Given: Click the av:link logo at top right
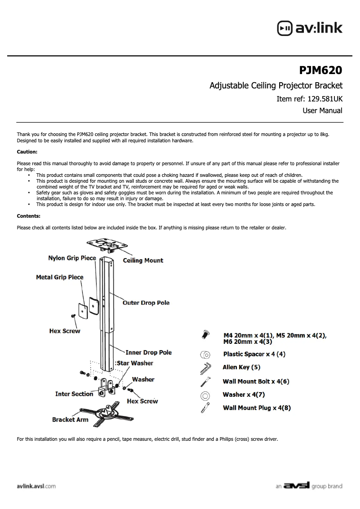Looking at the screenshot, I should tap(310, 28).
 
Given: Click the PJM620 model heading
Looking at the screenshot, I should tap(320, 70).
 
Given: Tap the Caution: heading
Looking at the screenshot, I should tap(27, 152).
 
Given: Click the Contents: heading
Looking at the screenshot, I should tap(28, 216).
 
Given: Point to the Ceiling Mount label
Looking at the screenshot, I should tap(143, 260).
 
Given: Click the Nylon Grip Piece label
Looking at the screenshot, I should tap(72, 258).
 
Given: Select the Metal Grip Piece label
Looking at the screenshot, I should tap(60, 277).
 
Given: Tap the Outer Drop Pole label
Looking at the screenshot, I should tap(146, 303).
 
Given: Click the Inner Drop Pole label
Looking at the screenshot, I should tap(148, 353).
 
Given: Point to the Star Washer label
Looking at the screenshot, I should tap(135, 363).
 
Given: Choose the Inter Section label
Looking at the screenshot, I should tap(74, 394).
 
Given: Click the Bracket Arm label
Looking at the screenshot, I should tap(70, 420).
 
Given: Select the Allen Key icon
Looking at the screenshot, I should tap(205, 368).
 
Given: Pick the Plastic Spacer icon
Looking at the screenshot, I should tap(205, 354).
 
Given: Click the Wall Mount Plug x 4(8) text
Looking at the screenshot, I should tap(257, 408).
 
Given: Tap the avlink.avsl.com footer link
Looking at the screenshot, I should tap(36, 486).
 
